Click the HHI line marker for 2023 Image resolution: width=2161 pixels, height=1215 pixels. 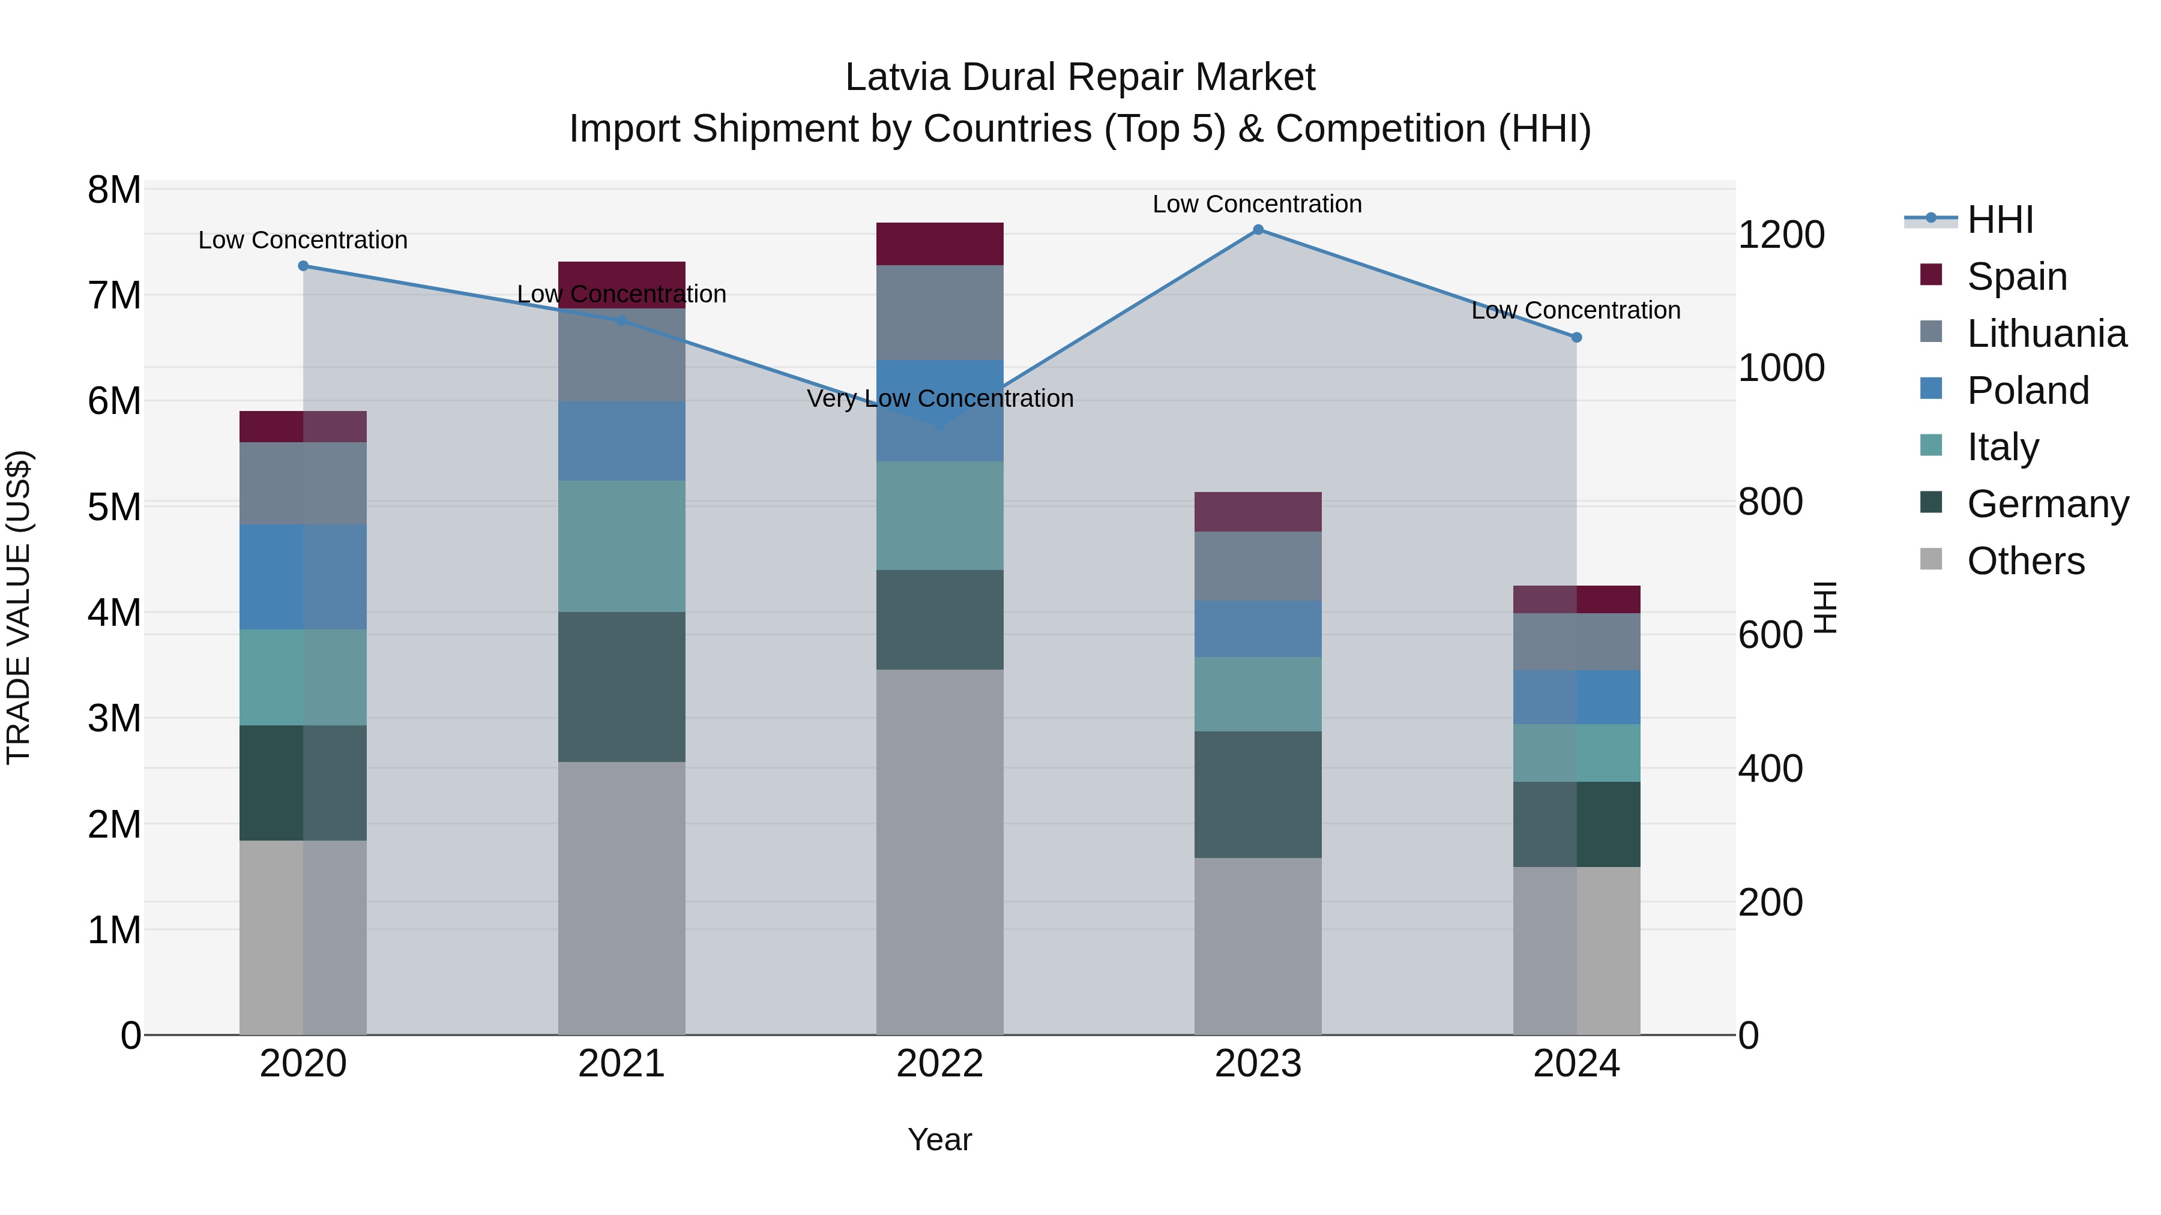click(1258, 230)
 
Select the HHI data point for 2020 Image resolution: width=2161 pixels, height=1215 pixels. click(303, 266)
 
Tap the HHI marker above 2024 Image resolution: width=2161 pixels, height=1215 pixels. click(1576, 337)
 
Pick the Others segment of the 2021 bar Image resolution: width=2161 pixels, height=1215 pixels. click(622, 897)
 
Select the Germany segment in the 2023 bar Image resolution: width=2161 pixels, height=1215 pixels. click(1258, 794)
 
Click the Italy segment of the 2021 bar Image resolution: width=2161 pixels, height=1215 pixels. click(622, 546)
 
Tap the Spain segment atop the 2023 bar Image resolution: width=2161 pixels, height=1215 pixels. click(1258, 511)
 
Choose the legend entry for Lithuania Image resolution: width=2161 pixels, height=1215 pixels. click(2046, 334)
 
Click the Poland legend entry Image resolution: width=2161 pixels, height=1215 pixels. click(2028, 391)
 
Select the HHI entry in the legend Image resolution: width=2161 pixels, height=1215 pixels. click(2000, 220)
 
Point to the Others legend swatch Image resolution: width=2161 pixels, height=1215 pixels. click(1931, 559)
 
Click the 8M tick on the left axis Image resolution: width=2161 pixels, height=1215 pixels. click(114, 190)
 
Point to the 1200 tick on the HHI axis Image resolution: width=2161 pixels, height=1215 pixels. click(1780, 235)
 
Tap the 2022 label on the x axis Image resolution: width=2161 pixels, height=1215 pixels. click(939, 1064)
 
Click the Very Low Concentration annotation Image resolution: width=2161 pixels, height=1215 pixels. click(939, 398)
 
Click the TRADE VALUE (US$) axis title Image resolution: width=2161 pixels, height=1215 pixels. click(19, 607)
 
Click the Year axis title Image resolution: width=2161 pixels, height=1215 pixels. click(939, 1139)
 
